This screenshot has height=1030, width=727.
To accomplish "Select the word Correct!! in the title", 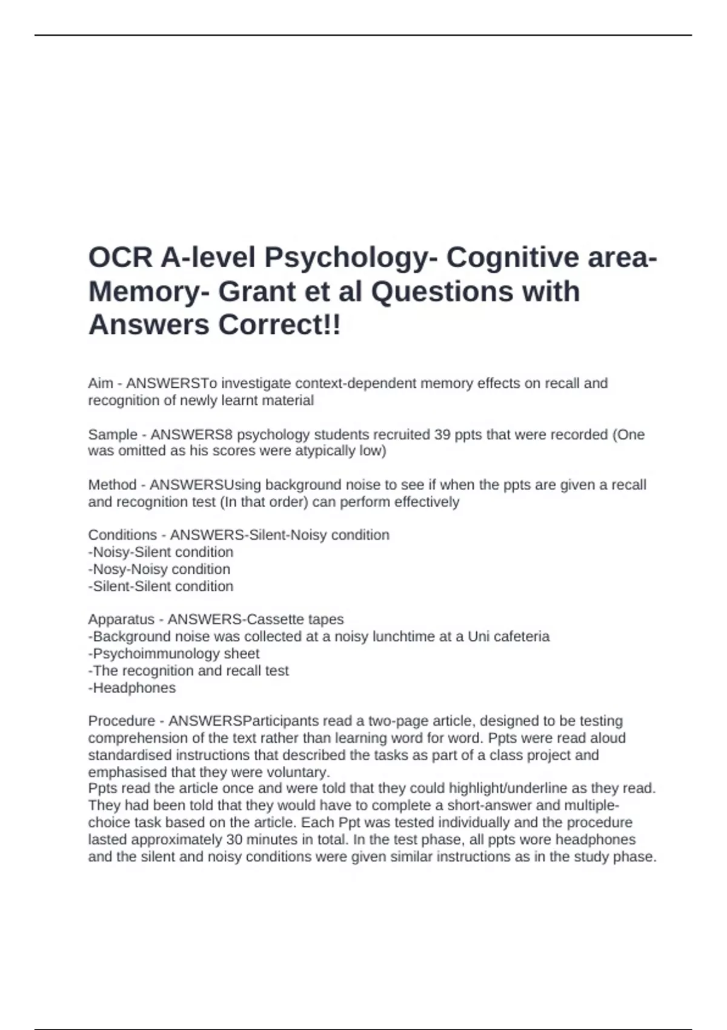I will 279,325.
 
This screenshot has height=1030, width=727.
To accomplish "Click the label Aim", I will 101,384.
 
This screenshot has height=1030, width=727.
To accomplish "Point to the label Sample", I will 113,434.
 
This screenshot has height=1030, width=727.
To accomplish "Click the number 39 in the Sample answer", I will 442,434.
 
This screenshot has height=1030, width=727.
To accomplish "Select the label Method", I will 113,485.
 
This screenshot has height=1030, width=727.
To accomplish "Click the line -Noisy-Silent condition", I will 161,552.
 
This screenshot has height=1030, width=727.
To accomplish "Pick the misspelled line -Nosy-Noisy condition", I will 159,569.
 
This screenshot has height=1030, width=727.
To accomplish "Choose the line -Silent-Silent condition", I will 161,586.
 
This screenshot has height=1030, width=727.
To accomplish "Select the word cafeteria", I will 522,636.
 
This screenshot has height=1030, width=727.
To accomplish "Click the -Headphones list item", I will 132,688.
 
